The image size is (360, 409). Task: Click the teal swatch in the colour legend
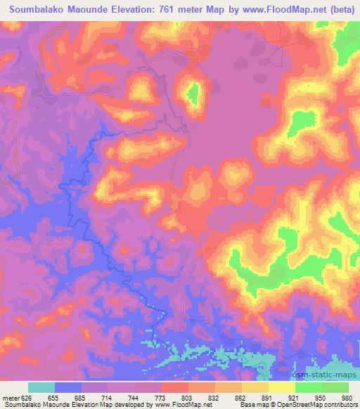[x=41, y=387]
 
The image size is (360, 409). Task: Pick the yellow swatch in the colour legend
[x=281, y=387]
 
